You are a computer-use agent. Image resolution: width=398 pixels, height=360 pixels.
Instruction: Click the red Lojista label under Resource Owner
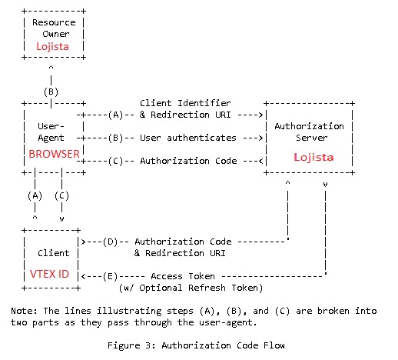[53, 46]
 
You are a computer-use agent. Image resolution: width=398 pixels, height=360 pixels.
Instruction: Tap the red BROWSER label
[54, 154]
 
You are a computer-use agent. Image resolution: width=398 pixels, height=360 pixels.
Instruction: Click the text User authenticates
[188, 138]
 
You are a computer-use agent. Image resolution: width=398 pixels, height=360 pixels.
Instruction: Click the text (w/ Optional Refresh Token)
[191, 288]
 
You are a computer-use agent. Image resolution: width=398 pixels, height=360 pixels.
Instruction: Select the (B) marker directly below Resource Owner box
[51, 91]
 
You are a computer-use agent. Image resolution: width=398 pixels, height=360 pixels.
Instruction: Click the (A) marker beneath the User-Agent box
[35, 195]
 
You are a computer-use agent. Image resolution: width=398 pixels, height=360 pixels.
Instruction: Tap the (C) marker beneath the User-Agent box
[62, 195]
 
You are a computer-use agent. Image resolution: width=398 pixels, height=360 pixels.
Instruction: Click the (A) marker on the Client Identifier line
[116, 115]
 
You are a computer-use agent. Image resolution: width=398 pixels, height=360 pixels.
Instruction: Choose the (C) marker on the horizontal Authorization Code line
[116, 161]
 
